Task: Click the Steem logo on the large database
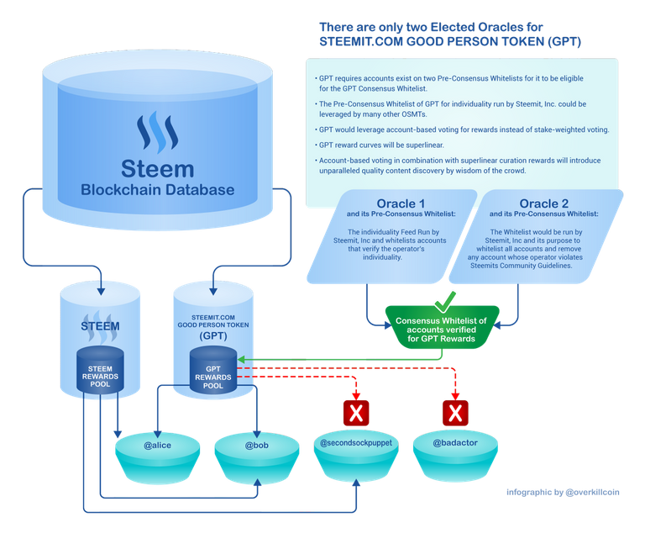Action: pyautogui.click(x=158, y=130)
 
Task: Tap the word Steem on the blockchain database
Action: pyautogui.click(x=158, y=169)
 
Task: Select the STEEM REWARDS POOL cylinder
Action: pyautogui.click(x=100, y=370)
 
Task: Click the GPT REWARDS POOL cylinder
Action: pyautogui.click(x=213, y=370)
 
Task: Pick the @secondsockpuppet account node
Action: pyautogui.click(x=356, y=456)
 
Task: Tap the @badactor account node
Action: pyautogui.click(x=455, y=456)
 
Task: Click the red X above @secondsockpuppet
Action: pyautogui.click(x=356, y=413)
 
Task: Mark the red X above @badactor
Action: pyautogui.click(x=455, y=413)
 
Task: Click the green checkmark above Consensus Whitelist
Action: pyautogui.click(x=444, y=303)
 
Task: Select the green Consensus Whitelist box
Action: pyautogui.click(x=442, y=328)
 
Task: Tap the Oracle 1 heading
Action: pyautogui.click(x=401, y=203)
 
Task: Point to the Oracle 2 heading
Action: pyautogui.click(x=544, y=203)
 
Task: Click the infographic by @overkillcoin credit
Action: pyautogui.click(x=563, y=492)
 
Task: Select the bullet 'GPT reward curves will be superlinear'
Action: pyautogui.click(x=380, y=145)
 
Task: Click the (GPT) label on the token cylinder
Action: pyautogui.click(x=213, y=335)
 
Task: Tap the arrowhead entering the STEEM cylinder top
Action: pyautogui.click(x=101, y=291)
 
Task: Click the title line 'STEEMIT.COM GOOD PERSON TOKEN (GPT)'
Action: pyautogui.click(x=450, y=41)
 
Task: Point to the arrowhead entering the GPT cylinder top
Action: pyautogui.click(x=213, y=291)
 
